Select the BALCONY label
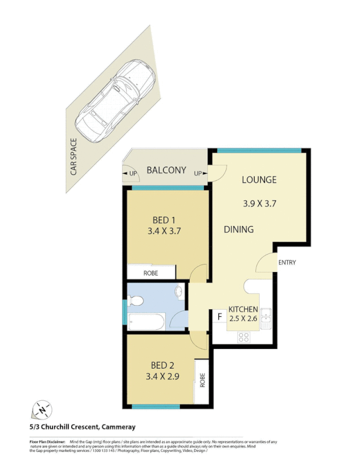pos(166,171)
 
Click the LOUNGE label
pos(259,179)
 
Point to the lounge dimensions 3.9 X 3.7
pos(259,204)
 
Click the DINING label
pos(239,230)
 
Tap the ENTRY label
pos(287,263)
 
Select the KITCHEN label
pos(243,309)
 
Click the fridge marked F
pos(220,317)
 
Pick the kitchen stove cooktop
pos(243,336)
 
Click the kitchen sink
pos(266,318)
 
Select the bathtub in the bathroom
pos(146,321)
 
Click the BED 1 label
pos(165,220)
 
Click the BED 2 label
pos(163,365)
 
